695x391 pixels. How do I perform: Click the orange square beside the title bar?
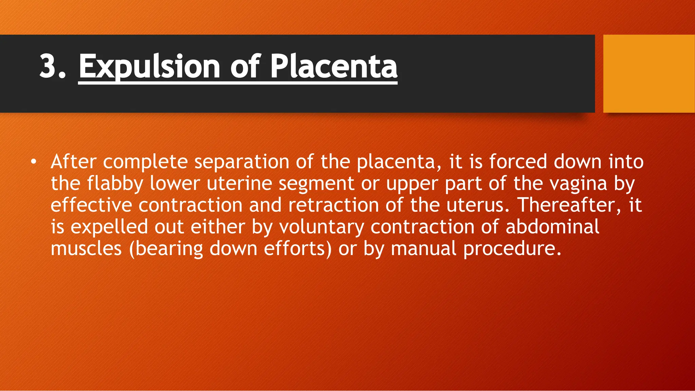click(x=649, y=74)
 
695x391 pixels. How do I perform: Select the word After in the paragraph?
click(x=73, y=162)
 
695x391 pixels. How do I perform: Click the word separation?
click(x=241, y=162)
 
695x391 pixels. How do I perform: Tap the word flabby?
click(x=115, y=183)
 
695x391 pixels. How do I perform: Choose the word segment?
click(x=316, y=184)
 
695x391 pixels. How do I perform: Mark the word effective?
click(x=91, y=205)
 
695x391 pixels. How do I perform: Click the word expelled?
click(x=109, y=227)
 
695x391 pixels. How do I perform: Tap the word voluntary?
click(x=321, y=227)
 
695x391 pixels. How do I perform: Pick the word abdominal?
click(x=552, y=227)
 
